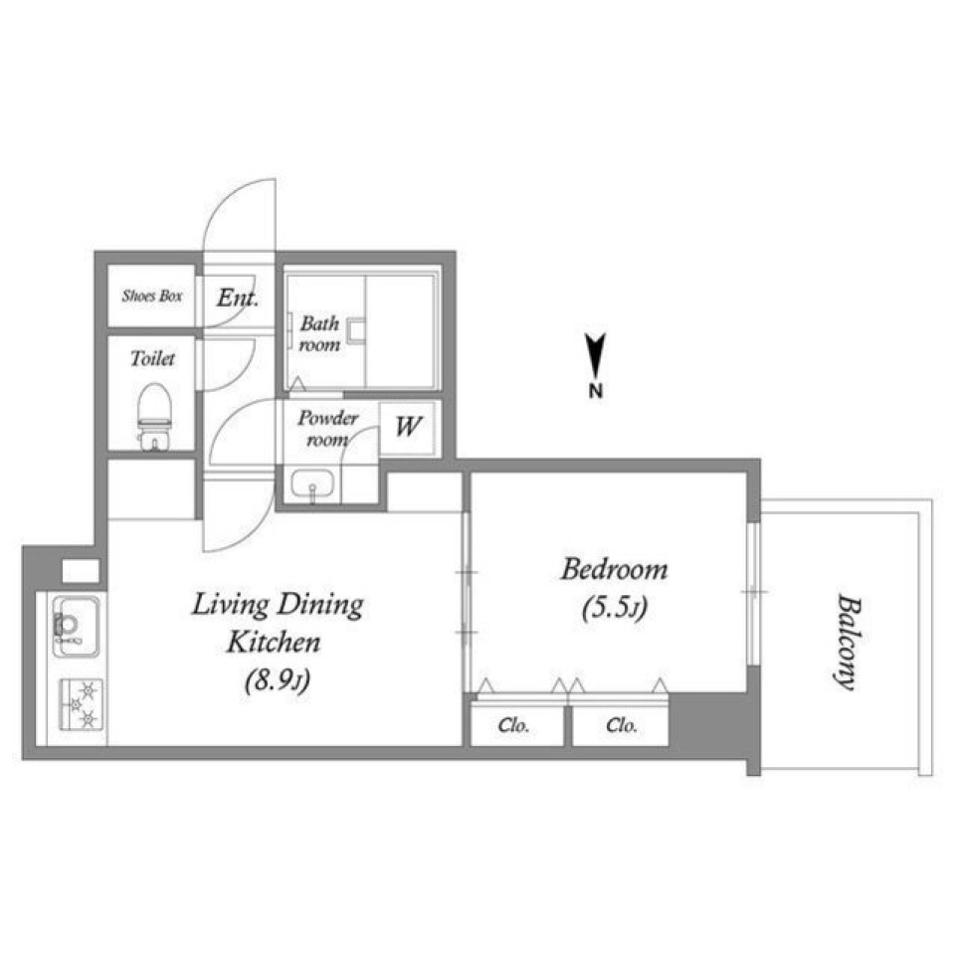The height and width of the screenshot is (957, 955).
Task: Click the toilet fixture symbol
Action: coord(154,417)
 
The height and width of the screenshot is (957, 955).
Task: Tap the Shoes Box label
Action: coord(152,296)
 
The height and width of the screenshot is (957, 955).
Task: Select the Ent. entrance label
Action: coord(238,297)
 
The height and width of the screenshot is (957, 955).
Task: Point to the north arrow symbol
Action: coord(596,355)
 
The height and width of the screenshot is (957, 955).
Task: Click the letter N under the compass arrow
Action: coord(596,390)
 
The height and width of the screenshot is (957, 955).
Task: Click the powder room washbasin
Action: coord(312,484)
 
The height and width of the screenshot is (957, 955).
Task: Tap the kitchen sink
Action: coord(77,626)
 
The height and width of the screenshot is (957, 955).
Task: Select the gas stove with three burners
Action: coord(81,703)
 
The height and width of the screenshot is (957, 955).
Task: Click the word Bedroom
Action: coord(614,569)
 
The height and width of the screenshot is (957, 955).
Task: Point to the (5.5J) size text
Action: coord(615,607)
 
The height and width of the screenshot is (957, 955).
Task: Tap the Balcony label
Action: coord(849,642)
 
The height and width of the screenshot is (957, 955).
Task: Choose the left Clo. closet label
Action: coord(513,725)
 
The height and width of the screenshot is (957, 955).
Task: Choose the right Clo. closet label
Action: coord(622,725)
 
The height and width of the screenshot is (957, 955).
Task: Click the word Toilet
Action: coord(152,358)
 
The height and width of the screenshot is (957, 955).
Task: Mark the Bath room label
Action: coord(319,333)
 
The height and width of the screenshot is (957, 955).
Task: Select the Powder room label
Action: coord(327,429)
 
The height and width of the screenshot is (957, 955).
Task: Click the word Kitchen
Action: coord(274,642)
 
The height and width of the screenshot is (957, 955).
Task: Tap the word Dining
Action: coord(320,606)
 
